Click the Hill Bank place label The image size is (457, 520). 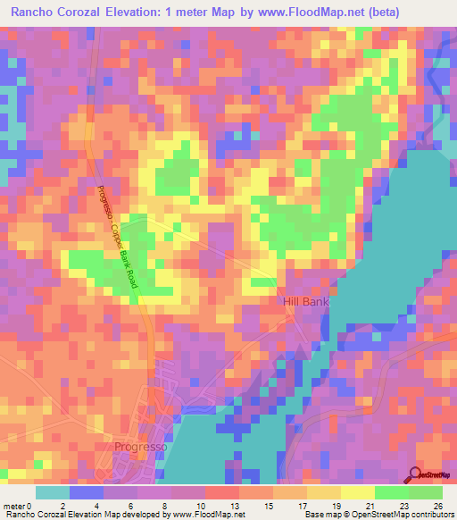click(x=306, y=302)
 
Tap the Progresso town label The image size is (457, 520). click(x=138, y=446)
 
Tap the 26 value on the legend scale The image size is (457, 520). click(x=437, y=506)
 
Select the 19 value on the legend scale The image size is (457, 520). click(x=336, y=506)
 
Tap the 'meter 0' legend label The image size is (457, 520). click(x=18, y=506)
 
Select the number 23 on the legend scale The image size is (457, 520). click(x=403, y=506)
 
